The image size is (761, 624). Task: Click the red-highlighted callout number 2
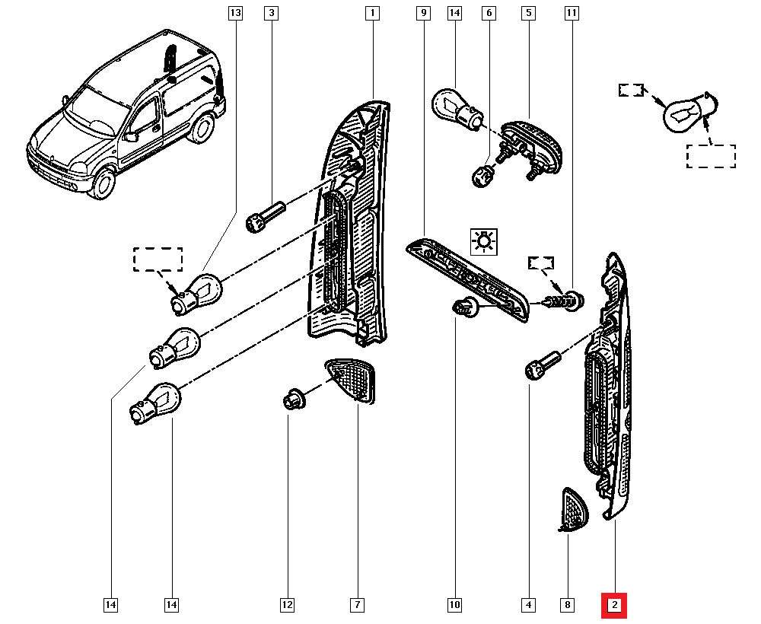614,606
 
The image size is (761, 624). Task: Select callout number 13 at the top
234,13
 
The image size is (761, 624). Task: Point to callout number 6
489,13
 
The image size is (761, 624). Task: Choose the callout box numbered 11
572,13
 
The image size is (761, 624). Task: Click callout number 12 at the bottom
287,606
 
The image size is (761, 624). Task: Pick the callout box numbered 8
567,606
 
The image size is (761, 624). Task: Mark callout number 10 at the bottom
454,606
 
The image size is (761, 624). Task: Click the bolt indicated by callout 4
542,363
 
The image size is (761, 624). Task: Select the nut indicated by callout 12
293,399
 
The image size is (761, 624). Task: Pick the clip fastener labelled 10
461,309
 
